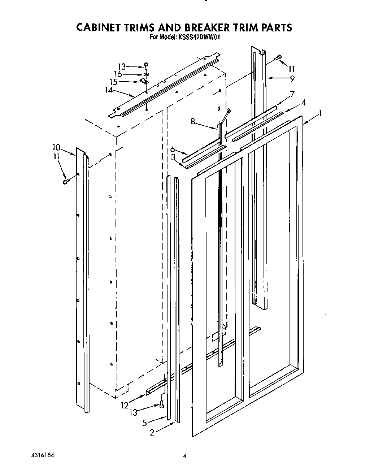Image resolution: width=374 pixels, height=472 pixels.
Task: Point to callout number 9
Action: [292, 78]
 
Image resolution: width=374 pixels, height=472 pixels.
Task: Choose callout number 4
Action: [304, 103]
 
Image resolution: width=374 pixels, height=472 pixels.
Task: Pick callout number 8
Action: [193, 122]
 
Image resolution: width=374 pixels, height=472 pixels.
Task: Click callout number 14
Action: [109, 90]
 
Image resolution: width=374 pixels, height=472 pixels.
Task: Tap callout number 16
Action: [118, 74]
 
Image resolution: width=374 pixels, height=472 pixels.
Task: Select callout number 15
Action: [114, 82]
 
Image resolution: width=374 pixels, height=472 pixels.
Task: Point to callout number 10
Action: [56, 147]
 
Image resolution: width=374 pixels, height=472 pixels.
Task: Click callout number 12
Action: [125, 406]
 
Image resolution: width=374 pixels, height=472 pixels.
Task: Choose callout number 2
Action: [152, 432]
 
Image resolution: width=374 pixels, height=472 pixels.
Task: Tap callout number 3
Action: [173, 157]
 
